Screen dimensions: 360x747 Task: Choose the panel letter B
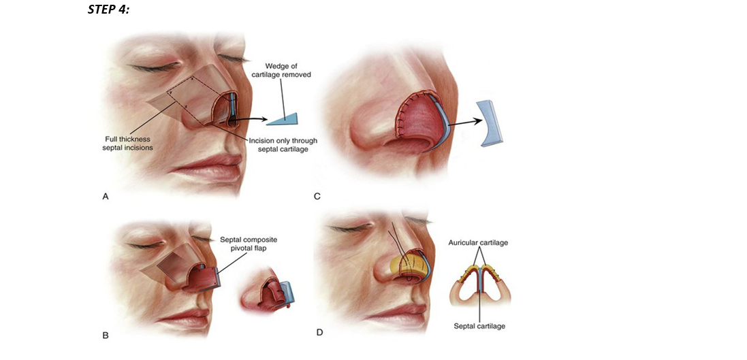tap(105, 335)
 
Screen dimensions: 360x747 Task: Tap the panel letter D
tap(319, 332)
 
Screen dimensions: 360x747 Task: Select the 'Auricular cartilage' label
tap(478, 243)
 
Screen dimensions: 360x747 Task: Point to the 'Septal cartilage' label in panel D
tap(479, 326)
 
